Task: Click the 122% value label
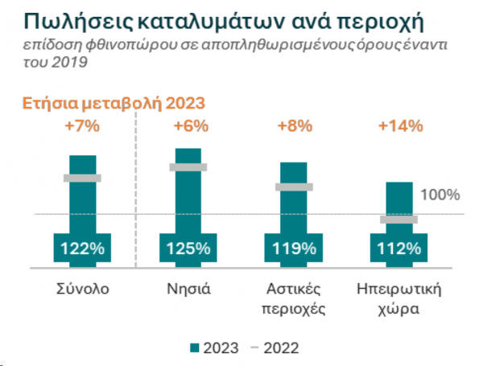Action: point(83,248)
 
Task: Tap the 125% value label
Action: point(188,248)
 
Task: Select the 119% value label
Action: point(294,248)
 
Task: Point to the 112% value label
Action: point(399,248)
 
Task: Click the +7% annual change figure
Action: point(83,126)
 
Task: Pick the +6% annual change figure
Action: point(190,126)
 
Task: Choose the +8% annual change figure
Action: point(294,126)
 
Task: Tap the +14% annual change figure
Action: point(399,126)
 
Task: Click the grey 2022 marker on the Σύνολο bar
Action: point(82,178)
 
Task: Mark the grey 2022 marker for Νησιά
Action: point(188,167)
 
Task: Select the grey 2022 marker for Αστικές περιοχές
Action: point(294,187)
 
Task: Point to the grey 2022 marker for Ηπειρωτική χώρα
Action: point(399,219)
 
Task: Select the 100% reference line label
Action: point(440,195)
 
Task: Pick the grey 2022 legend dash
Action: point(254,347)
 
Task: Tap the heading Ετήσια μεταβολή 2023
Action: point(114,103)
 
